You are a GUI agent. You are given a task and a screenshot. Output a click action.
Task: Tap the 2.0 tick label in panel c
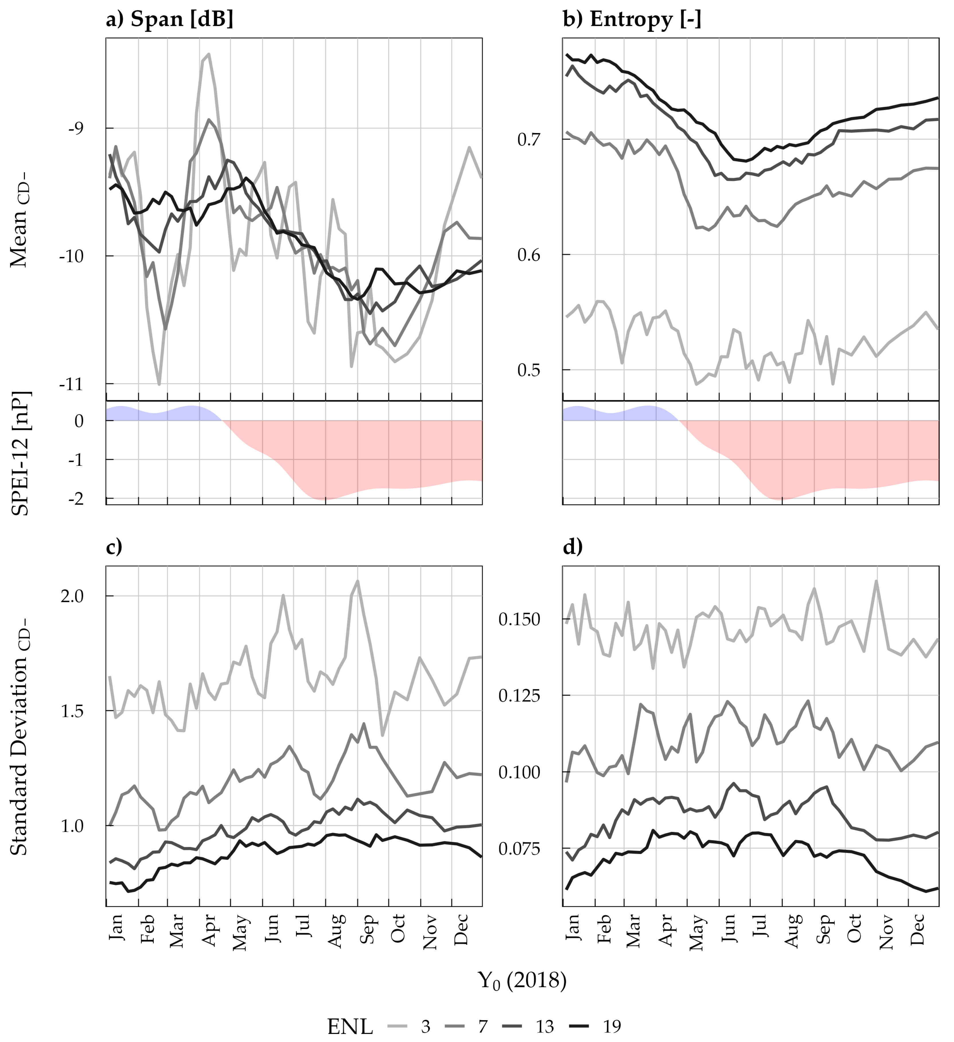(72, 596)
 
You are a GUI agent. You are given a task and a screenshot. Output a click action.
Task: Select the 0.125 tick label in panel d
(519, 696)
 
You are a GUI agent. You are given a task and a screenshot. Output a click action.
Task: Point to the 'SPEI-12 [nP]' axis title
(21, 453)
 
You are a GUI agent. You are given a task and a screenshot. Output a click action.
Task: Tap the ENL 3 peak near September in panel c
(357, 581)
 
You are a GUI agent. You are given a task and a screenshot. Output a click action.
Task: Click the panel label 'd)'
(573, 547)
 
